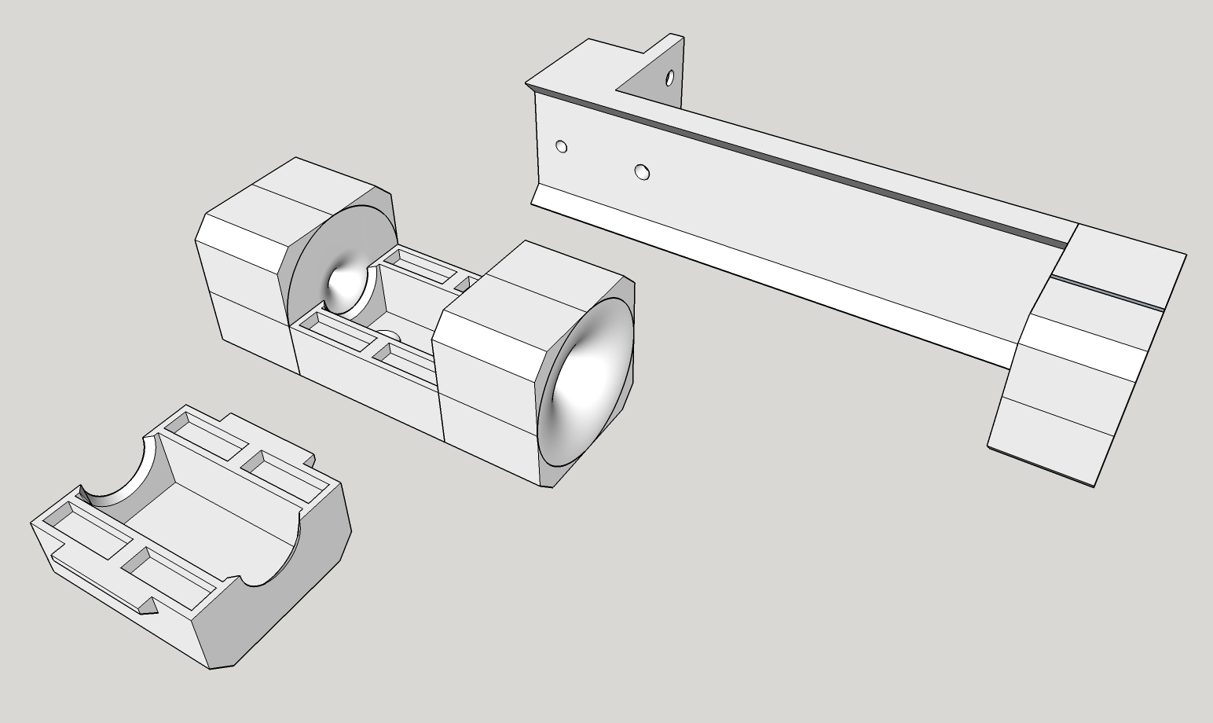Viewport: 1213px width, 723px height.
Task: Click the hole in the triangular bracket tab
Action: point(669,78)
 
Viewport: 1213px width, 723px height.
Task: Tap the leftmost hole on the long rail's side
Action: point(561,146)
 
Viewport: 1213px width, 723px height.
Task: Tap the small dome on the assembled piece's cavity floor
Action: point(391,337)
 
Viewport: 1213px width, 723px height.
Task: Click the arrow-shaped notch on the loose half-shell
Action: point(147,605)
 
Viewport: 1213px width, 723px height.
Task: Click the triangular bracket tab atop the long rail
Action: point(652,75)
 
